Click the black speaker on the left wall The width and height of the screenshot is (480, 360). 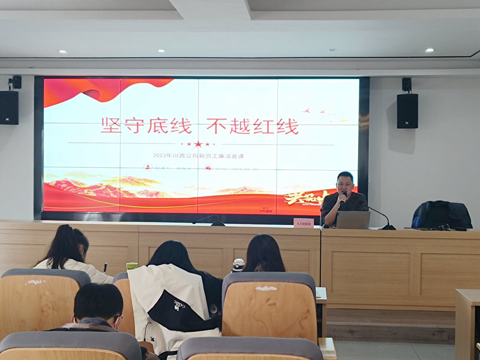9,107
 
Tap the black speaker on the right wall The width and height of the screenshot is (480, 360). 407,111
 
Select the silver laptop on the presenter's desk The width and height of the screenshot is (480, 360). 353,220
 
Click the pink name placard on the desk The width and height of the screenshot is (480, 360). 303,223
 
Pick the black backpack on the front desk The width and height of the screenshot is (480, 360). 441,215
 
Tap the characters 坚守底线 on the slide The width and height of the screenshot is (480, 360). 146,126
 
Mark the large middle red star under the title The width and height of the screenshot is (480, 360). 198,144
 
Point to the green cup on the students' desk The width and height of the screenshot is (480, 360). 131,266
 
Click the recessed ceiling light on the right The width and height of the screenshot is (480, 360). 429,50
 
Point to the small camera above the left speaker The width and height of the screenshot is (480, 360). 15,82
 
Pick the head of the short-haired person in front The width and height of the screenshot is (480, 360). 98,303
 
